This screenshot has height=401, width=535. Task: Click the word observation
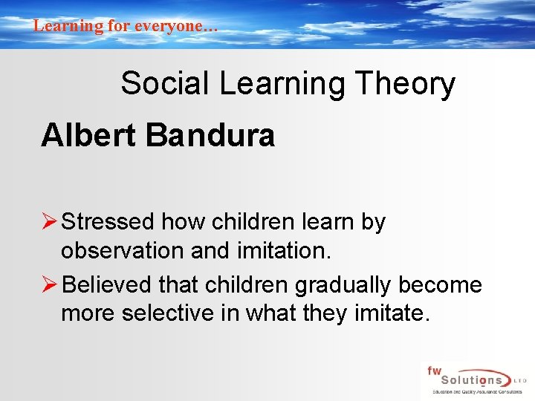click(x=123, y=251)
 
